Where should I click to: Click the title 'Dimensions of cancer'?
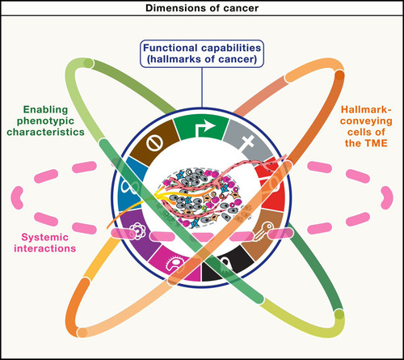pos(202,8)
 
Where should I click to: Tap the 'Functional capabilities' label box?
pos(202,53)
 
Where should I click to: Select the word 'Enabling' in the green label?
pos(45,110)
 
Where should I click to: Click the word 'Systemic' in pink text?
pos(44,237)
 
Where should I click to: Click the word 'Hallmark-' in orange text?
pos(366,109)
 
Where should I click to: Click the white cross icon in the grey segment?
pos(248,142)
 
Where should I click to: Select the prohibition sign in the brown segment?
pos(154,142)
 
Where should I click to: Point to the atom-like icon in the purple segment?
pos(137,231)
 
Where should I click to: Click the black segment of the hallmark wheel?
pos(228,264)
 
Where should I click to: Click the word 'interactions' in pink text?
pos(44,248)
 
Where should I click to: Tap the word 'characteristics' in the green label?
pos(45,132)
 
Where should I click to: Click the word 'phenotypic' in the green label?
pos(45,121)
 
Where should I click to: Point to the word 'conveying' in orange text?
pos(366,121)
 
